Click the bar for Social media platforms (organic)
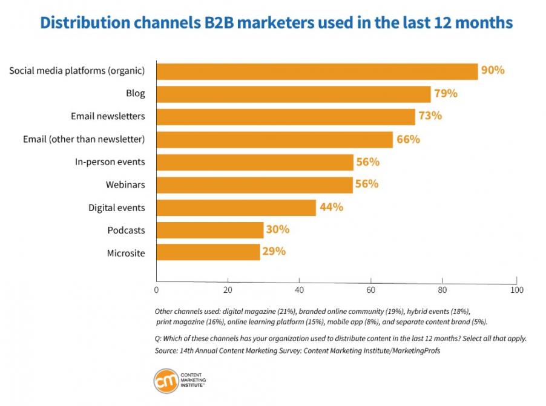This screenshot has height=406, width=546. (317, 71)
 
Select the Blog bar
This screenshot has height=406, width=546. (293, 94)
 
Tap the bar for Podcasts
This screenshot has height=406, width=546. (209, 230)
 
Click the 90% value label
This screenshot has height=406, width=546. (493, 70)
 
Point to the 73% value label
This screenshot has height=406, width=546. (430, 116)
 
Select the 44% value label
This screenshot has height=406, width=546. (331, 207)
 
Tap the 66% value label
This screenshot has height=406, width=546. (408, 139)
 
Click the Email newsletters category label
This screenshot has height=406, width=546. (108, 116)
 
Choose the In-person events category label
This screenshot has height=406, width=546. (110, 162)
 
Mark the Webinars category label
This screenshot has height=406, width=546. (125, 185)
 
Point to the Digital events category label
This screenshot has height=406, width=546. (116, 208)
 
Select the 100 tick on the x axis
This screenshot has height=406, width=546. (516, 290)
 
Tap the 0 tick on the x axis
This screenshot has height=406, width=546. (157, 290)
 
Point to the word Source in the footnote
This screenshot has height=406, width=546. (166, 351)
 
